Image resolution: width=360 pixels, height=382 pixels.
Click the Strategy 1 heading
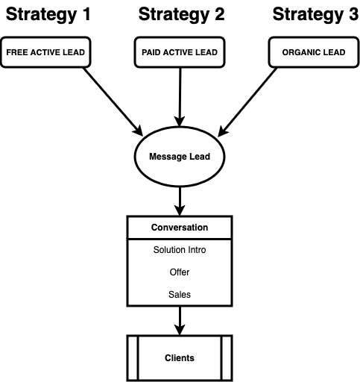pyautogui.click(x=48, y=14)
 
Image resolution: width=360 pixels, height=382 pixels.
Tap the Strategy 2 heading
pyautogui.click(x=182, y=14)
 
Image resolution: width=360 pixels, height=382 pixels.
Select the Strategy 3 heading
pyautogui.click(x=315, y=14)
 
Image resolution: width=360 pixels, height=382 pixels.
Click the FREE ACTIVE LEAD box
pyautogui.click(x=45, y=52)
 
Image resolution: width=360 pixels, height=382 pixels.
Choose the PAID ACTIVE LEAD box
pyautogui.click(x=180, y=52)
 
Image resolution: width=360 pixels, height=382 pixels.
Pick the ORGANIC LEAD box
pyautogui.click(x=314, y=52)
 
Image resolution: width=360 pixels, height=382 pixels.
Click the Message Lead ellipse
pyautogui.click(x=180, y=157)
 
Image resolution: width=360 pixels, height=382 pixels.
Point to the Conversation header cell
pyautogui.click(x=180, y=228)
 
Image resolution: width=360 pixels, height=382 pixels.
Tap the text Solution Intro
pyautogui.click(x=180, y=250)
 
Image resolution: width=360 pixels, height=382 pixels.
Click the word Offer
pyautogui.click(x=180, y=272)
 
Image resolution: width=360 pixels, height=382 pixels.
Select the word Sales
pyautogui.click(x=180, y=295)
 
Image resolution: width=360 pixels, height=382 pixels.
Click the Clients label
pyautogui.click(x=180, y=358)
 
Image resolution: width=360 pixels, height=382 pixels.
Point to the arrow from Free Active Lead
pyautogui.click(x=113, y=101)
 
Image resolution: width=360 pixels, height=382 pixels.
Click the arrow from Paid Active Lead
pyautogui.click(x=180, y=97)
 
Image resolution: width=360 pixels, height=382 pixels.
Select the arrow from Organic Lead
pyautogui.click(x=247, y=102)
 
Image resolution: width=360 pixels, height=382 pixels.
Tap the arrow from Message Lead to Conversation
pyautogui.click(x=180, y=201)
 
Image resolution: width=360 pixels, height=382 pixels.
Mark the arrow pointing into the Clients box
pyautogui.click(x=180, y=321)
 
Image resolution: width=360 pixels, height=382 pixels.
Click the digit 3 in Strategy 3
pyautogui.click(x=353, y=14)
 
